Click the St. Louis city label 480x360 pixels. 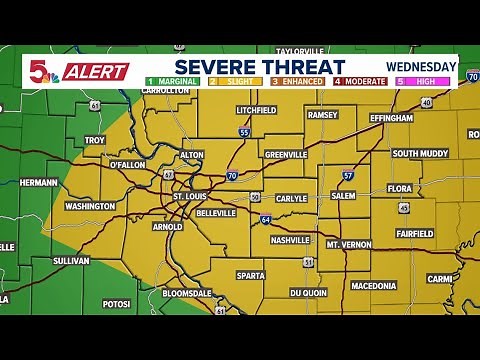[189, 197]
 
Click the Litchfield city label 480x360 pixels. [256, 110]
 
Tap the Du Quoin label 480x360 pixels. [309, 293]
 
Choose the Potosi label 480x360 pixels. [116, 303]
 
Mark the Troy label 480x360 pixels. [95, 141]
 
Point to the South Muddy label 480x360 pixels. [419, 153]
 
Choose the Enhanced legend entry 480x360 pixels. [297, 81]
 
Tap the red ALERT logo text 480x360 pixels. [97, 72]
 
